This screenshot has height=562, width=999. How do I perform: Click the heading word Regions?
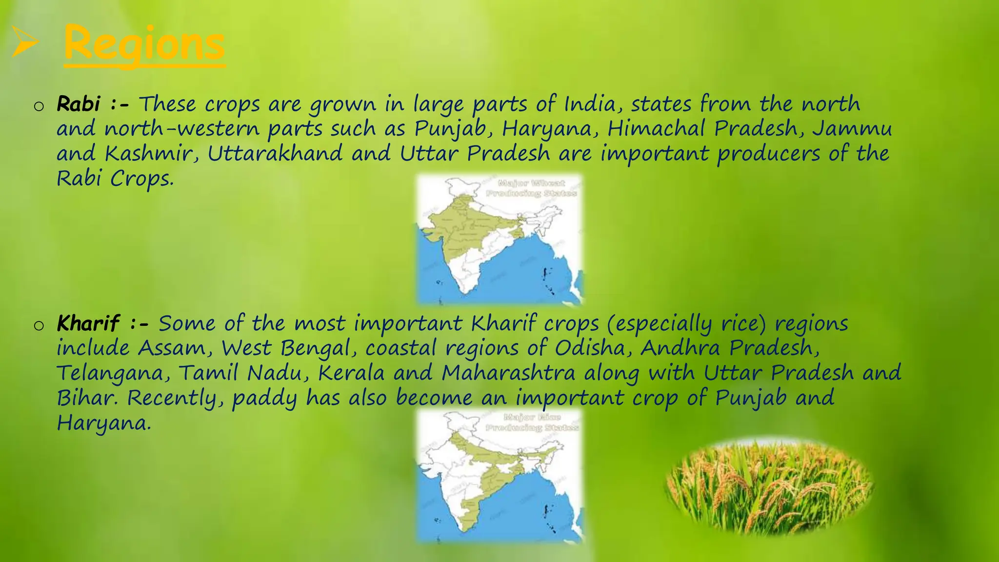[144, 44]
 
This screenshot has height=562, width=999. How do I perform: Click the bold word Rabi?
[79, 104]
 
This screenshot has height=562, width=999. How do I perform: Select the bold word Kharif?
[88, 323]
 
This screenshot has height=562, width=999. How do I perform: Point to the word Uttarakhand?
[275, 154]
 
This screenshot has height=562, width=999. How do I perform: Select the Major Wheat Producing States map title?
[531, 188]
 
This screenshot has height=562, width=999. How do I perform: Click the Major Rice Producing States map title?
[532, 422]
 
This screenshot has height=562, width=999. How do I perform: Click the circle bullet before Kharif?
[39, 326]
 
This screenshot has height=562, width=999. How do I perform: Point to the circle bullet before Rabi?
[39, 106]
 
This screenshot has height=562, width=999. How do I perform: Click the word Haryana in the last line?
[103, 423]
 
